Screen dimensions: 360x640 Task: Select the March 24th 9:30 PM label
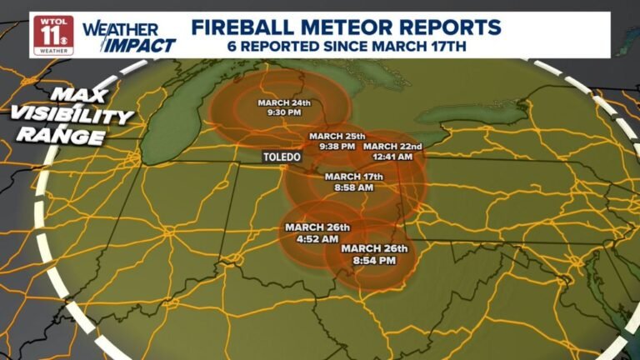tap(284, 108)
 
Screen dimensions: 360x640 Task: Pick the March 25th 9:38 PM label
tap(337, 140)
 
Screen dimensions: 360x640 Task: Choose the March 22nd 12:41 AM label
tap(393, 151)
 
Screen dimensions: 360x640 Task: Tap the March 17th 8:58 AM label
tap(353, 182)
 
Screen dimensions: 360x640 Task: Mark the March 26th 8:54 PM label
tap(374, 254)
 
